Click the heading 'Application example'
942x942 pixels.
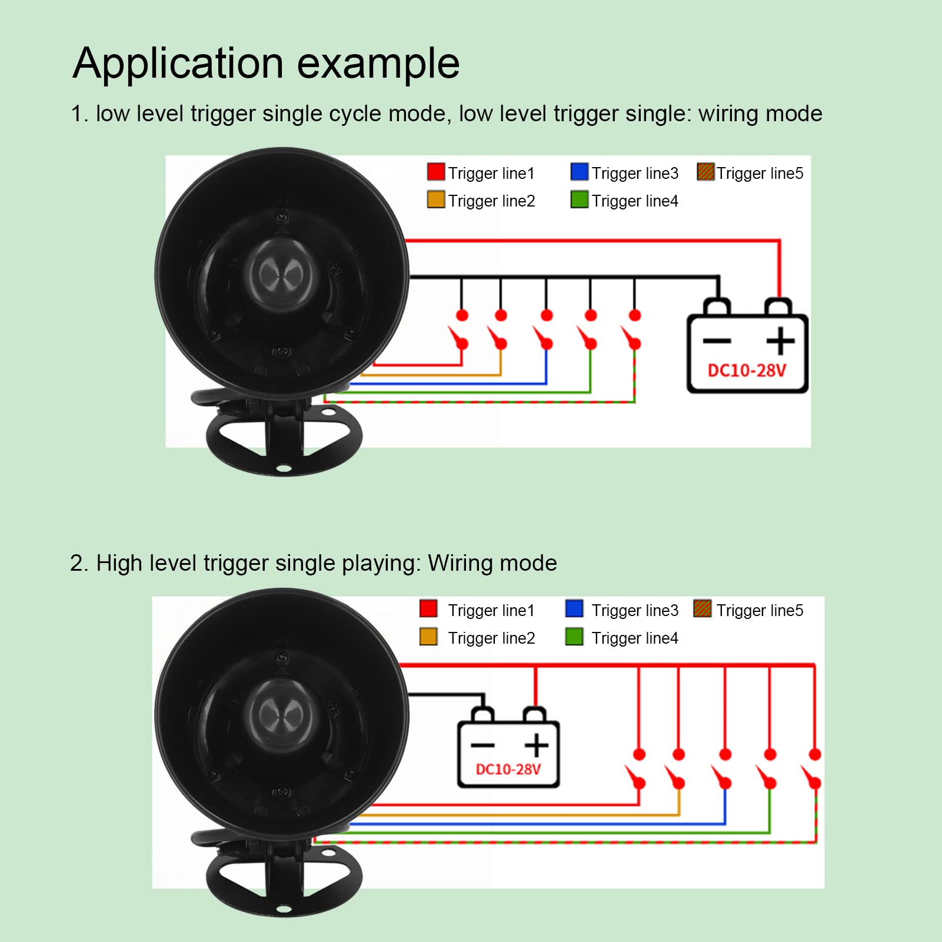(x=266, y=64)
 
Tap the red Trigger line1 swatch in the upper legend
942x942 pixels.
(x=436, y=172)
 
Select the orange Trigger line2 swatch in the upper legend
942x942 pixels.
(x=436, y=199)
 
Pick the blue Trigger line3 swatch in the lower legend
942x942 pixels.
(x=574, y=608)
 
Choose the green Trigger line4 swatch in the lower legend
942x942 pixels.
(x=574, y=637)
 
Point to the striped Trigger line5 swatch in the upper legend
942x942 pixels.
(x=705, y=172)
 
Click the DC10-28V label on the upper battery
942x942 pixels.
(x=747, y=371)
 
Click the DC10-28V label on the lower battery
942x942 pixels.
(x=508, y=770)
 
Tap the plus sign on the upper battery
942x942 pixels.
(x=780, y=341)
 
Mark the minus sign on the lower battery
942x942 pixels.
(x=482, y=745)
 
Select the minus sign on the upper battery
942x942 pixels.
(x=717, y=341)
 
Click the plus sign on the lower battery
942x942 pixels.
(x=537, y=745)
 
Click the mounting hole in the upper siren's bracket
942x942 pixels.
(x=284, y=469)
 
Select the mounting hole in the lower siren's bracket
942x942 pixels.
(x=284, y=910)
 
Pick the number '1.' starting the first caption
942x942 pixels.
(x=79, y=114)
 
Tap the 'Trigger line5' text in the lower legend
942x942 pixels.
(x=760, y=611)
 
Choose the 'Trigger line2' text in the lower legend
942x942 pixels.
(x=491, y=638)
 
